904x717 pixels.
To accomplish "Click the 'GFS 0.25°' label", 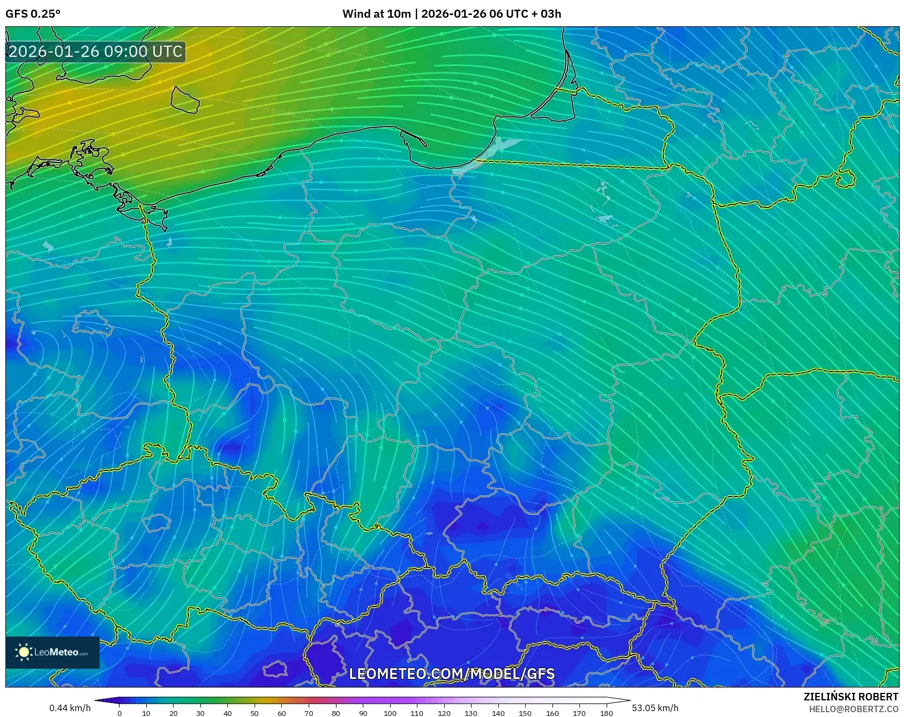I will click(x=33, y=14).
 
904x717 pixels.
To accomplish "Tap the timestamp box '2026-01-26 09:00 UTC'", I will click(x=96, y=52).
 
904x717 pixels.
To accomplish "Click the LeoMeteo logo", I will click(x=53, y=652).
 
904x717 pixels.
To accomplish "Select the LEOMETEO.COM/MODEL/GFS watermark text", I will click(x=452, y=674).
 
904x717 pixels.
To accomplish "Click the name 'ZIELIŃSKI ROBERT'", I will click(x=851, y=697).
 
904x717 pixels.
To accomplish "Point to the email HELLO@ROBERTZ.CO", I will click(x=854, y=709).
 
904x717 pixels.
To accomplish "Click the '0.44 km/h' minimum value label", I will click(x=70, y=708).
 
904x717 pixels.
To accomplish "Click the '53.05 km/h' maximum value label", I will click(x=655, y=708).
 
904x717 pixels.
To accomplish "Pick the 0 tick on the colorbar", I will click(x=119, y=713).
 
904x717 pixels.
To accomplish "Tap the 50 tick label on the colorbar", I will click(x=255, y=713).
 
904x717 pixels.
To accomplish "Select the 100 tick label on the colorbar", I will click(x=390, y=713).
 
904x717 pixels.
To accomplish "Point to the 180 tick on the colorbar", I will click(x=606, y=713).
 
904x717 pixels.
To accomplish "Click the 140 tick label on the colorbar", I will click(x=498, y=713).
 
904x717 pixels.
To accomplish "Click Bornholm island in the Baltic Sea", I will click(x=185, y=100).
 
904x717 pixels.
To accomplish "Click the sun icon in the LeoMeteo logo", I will click(x=24, y=652).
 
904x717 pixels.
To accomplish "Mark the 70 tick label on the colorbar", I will click(x=309, y=713).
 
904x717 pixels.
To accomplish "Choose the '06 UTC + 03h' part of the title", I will click(x=525, y=14).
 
